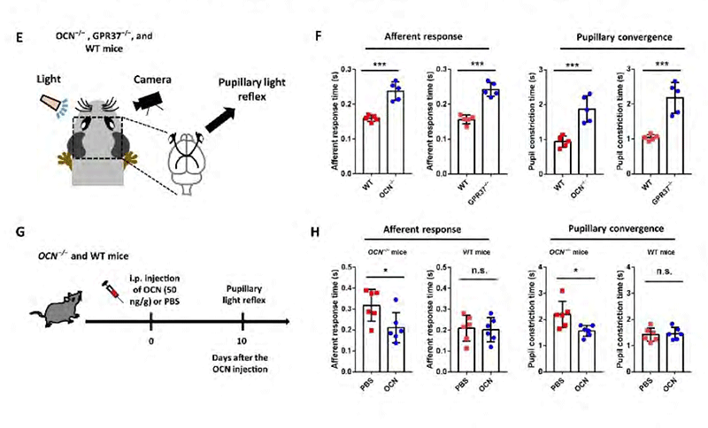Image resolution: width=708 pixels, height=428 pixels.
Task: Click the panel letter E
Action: (32, 39)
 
